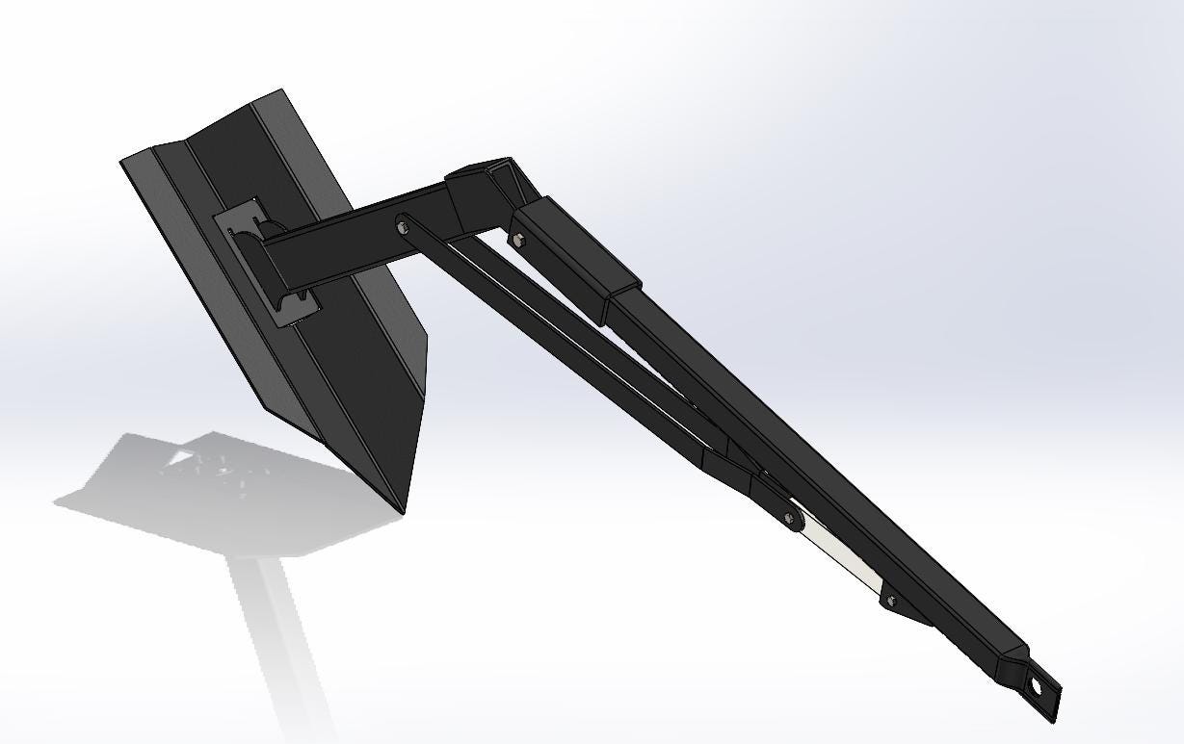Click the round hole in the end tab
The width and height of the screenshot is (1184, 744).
[x=1038, y=687]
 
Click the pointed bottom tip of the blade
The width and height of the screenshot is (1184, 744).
[x=402, y=508]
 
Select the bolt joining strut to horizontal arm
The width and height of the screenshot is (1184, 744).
[x=402, y=227]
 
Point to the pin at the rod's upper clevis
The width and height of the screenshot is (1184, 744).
[x=791, y=520]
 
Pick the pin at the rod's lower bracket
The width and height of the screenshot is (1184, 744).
[x=891, y=601]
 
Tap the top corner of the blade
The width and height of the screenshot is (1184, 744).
[x=282, y=92]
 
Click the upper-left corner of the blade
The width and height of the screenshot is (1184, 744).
[x=123, y=162]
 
